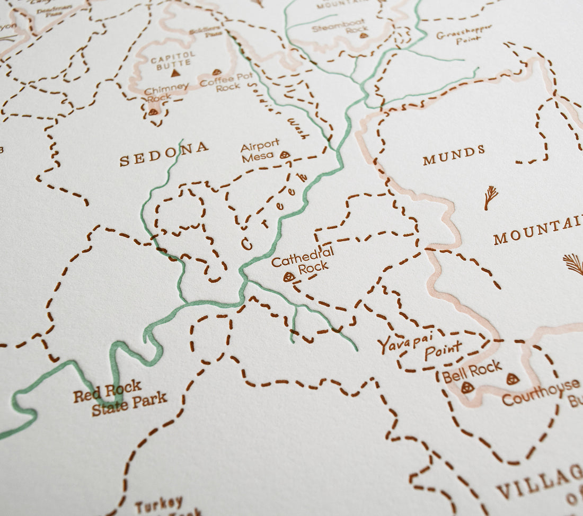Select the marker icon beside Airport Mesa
click(285, 155)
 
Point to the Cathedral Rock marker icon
click(288, 277)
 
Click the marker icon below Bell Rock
click(467, 387)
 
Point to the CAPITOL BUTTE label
click(173, 58)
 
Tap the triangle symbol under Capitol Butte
click(174, 73)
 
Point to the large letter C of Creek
click(247, 243)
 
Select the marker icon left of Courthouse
click(513, 379)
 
